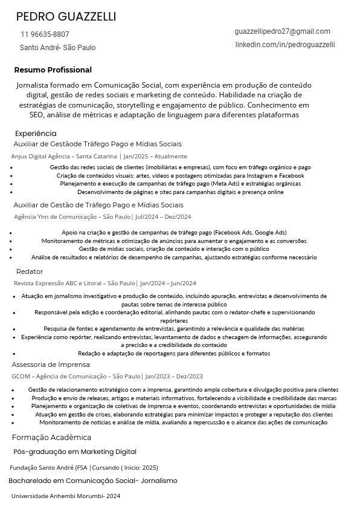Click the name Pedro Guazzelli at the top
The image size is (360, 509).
tap(66, 16)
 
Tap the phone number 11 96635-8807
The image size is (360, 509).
tap(45, 34)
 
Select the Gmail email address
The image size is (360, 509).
tap(282, 31)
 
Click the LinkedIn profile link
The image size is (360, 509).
tap(284, 45)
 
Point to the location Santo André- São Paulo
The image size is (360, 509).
tap(57, 48)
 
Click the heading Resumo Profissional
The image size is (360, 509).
tap(53, 70)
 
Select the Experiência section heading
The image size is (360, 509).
tap(36, 134)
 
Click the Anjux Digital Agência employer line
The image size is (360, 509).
tap(99, 156)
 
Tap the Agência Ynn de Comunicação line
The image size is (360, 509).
tap(103, 216)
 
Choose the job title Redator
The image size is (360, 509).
tap(30, 271)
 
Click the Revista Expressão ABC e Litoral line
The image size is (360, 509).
tap(105, 283)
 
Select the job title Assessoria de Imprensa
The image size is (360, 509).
tap(51, 365)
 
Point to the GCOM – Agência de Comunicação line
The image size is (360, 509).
tap(107, 376)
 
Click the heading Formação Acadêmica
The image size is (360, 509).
tap(51, 438)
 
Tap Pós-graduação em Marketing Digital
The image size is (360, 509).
tap(75, 452)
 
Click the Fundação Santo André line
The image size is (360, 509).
tap(84, 467)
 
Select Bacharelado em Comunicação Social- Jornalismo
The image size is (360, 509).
tap(93, 481)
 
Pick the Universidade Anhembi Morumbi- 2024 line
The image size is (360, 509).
tap(66, 496)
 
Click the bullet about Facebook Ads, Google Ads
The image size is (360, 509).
tap(174, 232)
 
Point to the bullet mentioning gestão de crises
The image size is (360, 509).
tap(184, 415)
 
